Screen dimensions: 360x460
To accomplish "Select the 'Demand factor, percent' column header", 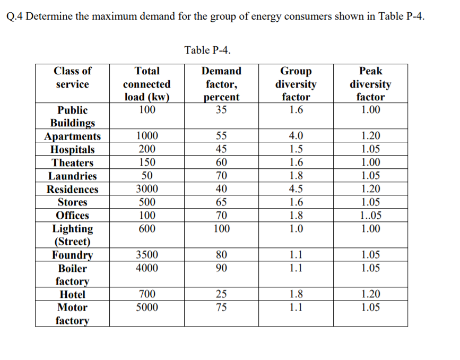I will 221,84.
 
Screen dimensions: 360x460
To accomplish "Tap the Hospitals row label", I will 73,150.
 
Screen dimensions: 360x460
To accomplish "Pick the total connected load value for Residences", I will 147,189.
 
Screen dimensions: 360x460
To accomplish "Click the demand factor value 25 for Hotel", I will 221,294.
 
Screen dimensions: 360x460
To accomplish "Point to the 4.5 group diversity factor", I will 296,189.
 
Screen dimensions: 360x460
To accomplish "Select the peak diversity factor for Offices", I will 370,216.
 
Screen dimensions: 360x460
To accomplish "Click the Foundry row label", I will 73,255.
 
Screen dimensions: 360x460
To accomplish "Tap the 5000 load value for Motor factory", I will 147,307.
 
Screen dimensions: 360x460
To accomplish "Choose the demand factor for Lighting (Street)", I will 221,229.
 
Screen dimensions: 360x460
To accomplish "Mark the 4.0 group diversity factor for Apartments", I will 296,136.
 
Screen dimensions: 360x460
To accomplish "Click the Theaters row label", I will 73,163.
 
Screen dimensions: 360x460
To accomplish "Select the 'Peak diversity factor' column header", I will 370,84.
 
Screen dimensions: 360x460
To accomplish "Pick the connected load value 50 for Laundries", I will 147,176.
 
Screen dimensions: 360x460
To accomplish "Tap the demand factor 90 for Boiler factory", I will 221,268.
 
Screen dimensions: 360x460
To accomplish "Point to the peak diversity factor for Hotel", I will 370,294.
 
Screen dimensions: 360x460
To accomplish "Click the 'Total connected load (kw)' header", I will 147,84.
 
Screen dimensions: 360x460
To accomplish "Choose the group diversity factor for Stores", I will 296,202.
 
